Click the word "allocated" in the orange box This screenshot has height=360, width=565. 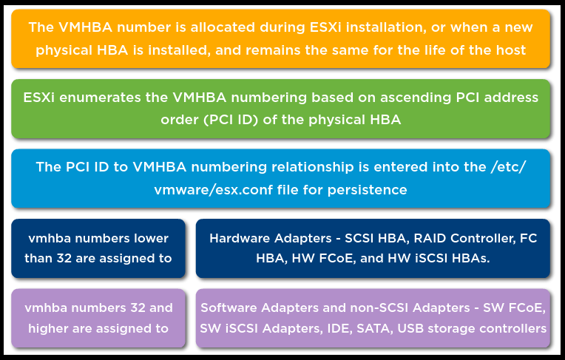pyautogui.click(x=223, y=27)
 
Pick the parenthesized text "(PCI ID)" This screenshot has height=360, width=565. pyautogui.click(x=231, y=120)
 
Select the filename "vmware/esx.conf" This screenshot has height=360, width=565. pyautogui.click(x=214, y=190)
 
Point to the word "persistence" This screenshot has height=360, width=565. pyautogui.click(x=368, y=190)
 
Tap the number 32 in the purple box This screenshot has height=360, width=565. pyautogui.click(x=138, y=308)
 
